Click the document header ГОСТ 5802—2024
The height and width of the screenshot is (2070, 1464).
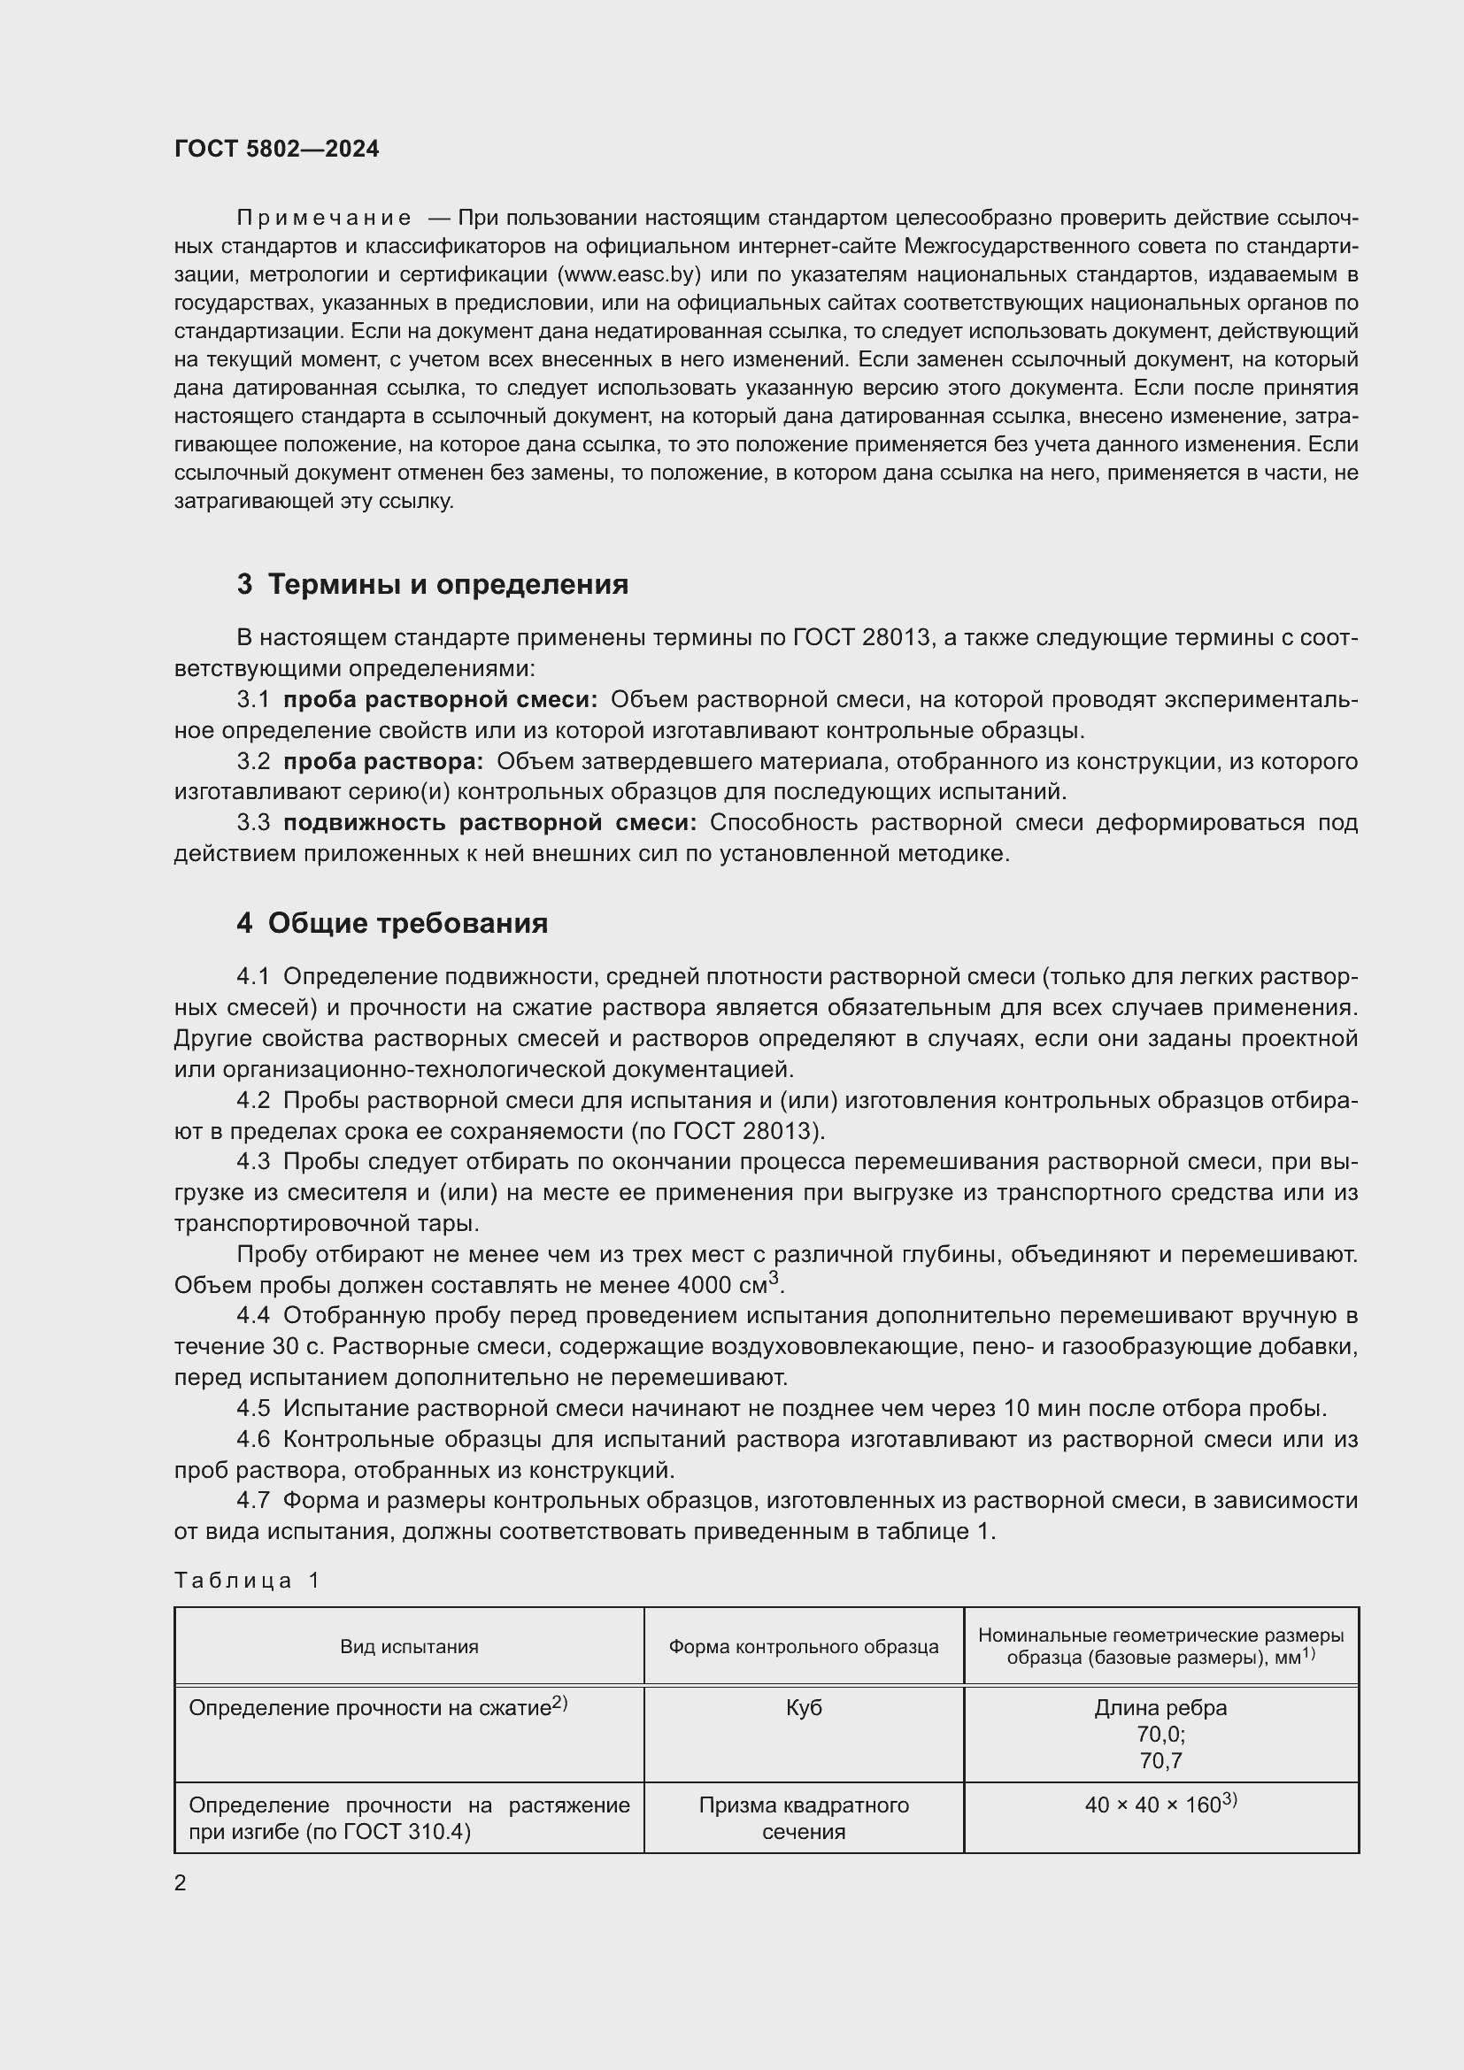pyautogui.click(x=277, y=149)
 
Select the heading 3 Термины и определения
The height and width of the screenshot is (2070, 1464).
pyautogui.click(x=433, y=584)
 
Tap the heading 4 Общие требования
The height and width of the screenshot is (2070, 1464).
pyautogui.click(x=392, y=923)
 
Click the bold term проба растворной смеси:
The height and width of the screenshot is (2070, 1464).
pyautogui.click(x=440, y=700)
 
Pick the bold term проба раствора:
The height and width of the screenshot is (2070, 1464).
pyautogui.click(x=383, y=761)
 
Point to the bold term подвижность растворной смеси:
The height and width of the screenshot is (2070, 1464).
pyautogui.click(x=489, y=822)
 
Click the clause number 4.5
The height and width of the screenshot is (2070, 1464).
pyautogui.click(x=253, y=1408)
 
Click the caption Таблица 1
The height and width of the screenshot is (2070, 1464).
pyautogui.click(x=247, y=1581)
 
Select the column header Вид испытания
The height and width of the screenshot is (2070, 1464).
pyautogui.click(x=409, y=1647)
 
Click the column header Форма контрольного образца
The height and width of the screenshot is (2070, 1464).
pyautogui.click(x=803, y=1647)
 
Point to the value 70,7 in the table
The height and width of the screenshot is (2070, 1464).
pyautogui.click(x=1160, y=1761)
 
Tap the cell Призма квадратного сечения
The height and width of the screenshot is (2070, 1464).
pyautogui.click(x=803, y=1819)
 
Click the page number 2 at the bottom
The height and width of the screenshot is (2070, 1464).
pyautogui.click(x=181, y=1883)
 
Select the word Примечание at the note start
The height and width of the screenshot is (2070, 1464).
pyautogui.click(x=324, y=219)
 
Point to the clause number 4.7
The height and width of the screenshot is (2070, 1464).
pyautogui.click(x=253, y=1500)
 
